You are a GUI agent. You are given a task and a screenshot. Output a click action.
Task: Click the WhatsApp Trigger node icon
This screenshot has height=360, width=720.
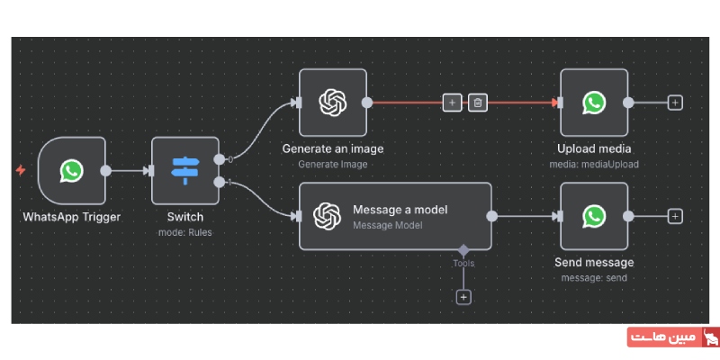[x=72, y=171]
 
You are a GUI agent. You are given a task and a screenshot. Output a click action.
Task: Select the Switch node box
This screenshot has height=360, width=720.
[x=185, y=171]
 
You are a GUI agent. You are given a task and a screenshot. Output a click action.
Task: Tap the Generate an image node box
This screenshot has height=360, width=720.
[x=333, y=103]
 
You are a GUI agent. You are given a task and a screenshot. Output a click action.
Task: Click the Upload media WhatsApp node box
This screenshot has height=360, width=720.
[x=593, y=103]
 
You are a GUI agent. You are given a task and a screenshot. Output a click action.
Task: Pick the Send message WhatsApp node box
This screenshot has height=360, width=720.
[x=593, y=216]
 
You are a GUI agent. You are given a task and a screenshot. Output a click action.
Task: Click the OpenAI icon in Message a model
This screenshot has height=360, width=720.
[x=327, y=216]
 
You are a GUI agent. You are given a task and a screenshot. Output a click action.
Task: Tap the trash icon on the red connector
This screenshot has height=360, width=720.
[x=478, y=103]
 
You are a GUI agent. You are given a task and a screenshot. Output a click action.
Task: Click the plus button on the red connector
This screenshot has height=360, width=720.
[x=451, y=103]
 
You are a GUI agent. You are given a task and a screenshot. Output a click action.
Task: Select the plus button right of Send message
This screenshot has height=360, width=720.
[x=675, y=216]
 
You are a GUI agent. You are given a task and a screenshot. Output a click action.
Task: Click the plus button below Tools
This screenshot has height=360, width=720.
[x=463, y=296]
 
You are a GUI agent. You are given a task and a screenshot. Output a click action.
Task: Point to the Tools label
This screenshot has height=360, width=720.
[x=463, y=264]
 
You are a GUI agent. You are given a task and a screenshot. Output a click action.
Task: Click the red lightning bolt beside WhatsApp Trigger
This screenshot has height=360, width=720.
[x=21, y=170]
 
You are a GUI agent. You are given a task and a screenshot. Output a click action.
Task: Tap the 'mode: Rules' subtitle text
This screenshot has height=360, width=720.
[x=185, y=232]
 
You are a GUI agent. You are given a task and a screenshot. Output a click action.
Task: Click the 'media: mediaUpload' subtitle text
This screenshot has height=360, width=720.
[x=594, y=164]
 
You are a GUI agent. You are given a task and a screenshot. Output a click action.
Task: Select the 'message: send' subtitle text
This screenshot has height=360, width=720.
[x=594, y=277]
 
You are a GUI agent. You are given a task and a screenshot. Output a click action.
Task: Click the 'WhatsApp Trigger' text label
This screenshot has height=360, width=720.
[x=71, y=217]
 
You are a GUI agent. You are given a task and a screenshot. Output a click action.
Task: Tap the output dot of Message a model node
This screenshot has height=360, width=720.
[x=491, y=216]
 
